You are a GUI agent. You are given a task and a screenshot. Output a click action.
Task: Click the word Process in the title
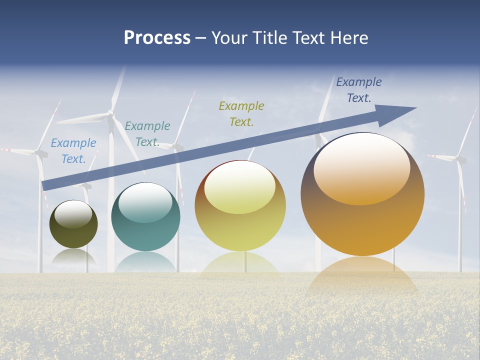(157, 38)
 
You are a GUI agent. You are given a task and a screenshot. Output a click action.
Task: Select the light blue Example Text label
(73, 151)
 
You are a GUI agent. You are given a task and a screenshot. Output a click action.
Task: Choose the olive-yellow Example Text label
(241, 113)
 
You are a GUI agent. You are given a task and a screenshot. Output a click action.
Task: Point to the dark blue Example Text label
(359, 90)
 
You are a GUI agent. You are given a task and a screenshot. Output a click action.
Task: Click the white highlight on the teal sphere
(145, 202)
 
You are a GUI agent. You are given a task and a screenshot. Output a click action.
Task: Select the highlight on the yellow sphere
(240, 187)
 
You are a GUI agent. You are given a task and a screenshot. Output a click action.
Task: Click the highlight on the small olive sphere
(73, 214)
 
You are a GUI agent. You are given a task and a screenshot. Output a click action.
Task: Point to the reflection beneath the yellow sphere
(240, 265)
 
